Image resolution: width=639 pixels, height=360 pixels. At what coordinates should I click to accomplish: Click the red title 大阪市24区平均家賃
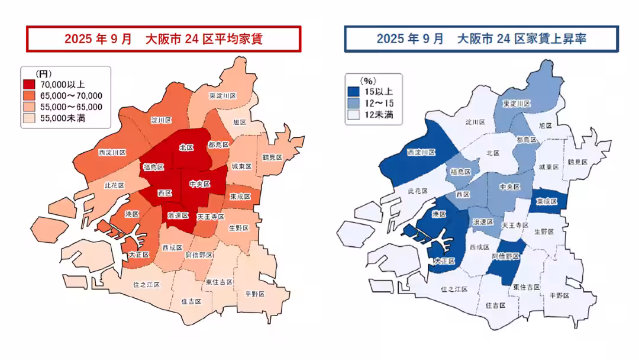point(164,39)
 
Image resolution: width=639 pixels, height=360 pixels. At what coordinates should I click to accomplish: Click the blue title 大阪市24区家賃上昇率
point(482,39)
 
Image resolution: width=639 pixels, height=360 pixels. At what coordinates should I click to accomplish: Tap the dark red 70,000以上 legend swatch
point(28,85)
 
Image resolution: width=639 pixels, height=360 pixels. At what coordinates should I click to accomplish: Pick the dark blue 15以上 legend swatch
point(353,92)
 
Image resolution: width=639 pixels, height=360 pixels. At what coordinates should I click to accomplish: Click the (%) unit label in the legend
point(368,81)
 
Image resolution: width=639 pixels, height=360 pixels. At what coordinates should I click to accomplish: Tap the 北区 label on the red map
point(186,147)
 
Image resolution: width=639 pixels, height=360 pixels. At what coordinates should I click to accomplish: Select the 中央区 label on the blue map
point(509,187)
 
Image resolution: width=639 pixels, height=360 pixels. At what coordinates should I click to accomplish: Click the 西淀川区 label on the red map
point(112,153)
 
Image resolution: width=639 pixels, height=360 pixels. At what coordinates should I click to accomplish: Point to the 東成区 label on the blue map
point(546,201)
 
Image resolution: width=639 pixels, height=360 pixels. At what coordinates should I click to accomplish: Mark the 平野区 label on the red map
point(256,294)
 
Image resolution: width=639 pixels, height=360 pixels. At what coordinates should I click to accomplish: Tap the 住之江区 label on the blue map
point(454,290)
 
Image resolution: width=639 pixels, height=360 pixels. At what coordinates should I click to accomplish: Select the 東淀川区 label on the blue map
point(517,104)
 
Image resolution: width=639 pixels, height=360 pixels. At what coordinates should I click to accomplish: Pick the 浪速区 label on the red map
point(178,215)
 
